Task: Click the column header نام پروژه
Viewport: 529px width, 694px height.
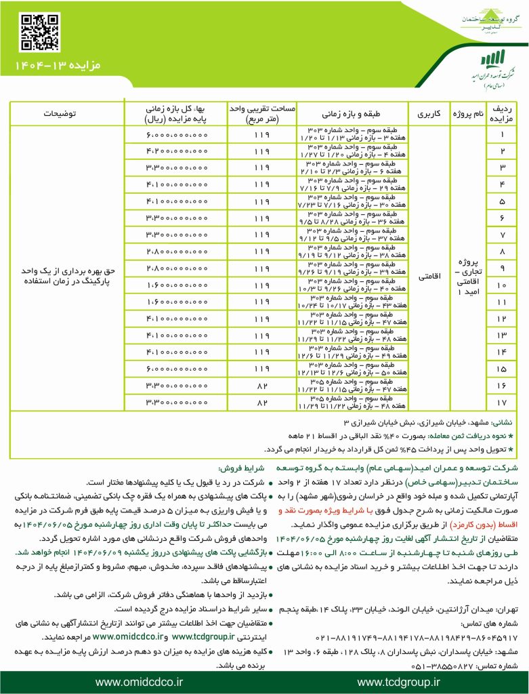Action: click(x=472, y=113)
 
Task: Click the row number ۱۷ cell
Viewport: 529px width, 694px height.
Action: click(x=502, y=402)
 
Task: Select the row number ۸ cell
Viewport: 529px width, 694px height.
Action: click(x=502, y=251)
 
